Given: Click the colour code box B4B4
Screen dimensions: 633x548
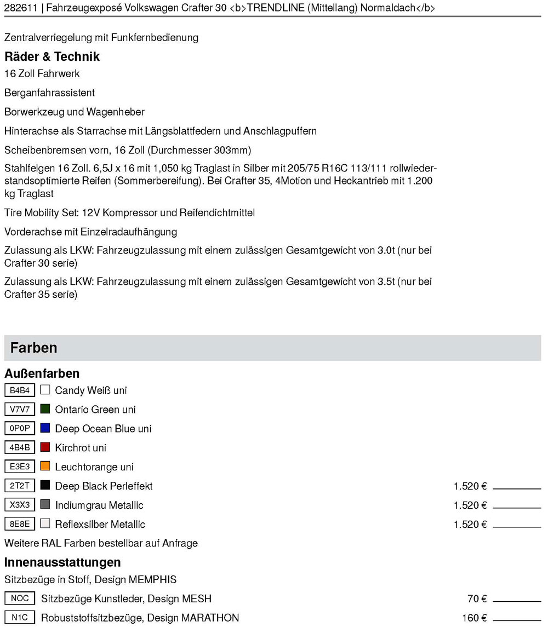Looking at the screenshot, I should (x=20, y=390).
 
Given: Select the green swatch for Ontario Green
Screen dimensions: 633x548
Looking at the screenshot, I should (x=45, y=409).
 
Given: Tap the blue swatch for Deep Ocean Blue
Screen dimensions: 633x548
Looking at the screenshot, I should (x=45, y=428).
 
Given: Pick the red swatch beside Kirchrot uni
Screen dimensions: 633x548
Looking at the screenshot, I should (x=45, y=447).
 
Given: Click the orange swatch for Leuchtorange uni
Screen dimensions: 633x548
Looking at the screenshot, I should (x=45, y=467).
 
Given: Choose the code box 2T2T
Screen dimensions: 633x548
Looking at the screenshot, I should (x=20, y=486).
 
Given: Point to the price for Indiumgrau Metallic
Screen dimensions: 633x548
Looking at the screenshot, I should (x=470, y=505).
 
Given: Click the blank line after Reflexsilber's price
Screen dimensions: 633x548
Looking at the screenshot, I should (x=517, y=526).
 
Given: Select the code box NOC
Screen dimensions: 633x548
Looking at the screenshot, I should (x=20, y=599).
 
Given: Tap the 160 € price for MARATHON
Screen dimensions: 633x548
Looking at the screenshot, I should (x=474, y=618).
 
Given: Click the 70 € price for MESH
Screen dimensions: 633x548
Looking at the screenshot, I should (x=477, y=599).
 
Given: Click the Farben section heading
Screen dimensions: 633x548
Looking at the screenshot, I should (x=33, y=348).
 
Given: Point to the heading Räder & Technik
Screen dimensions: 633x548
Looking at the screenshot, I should (x=52, y=56).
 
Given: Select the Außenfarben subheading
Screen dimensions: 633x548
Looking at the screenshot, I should (x=42, y=373).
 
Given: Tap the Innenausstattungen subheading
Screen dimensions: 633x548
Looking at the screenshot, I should (x=62, y=562).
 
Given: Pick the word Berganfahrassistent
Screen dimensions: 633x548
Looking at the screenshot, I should (x=49, y=93).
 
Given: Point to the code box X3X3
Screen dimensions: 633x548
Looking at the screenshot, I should (x=20, y=505).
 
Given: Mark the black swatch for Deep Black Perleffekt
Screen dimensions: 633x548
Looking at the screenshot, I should (x=45, y=486).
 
